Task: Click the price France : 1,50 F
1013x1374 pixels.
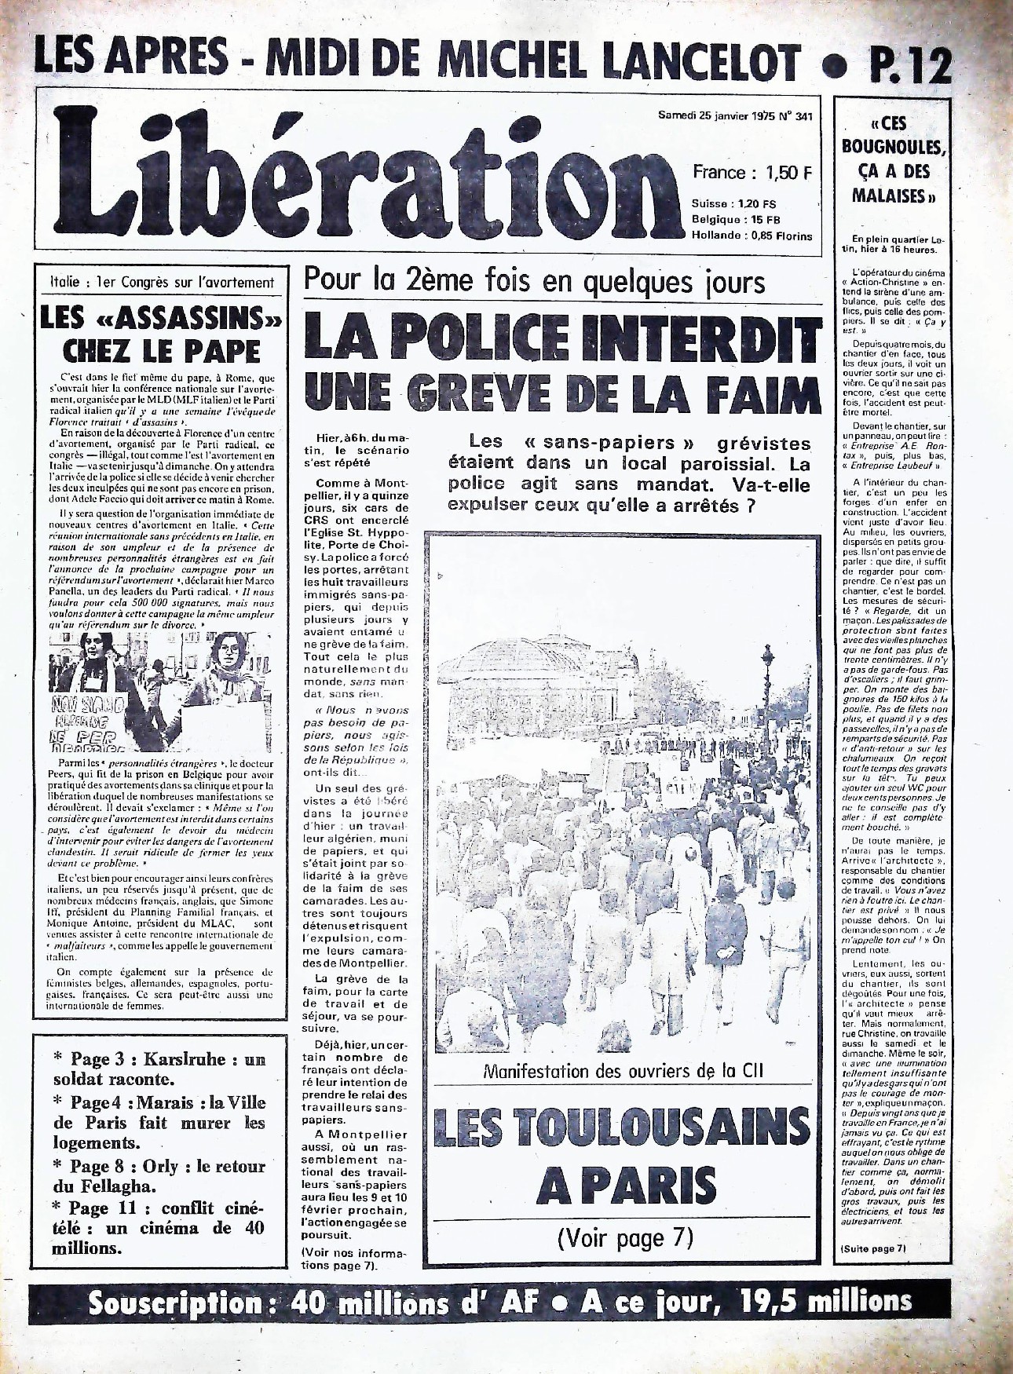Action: coord(752,173)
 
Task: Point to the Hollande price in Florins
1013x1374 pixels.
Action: coord(752,236)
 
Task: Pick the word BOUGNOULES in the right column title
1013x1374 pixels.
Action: coord(894,147)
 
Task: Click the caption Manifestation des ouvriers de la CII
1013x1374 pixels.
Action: coord(623,1071)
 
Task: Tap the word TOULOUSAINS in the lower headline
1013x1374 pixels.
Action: coord(621,1128)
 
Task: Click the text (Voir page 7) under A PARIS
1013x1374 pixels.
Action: coord(625,1239)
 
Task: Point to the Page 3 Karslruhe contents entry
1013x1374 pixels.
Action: coord(159,1069)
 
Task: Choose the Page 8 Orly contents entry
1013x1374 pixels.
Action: coord(159,1176)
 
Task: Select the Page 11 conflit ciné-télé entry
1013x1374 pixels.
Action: coord(159,1228)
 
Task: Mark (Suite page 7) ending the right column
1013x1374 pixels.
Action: coord(872,1248)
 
